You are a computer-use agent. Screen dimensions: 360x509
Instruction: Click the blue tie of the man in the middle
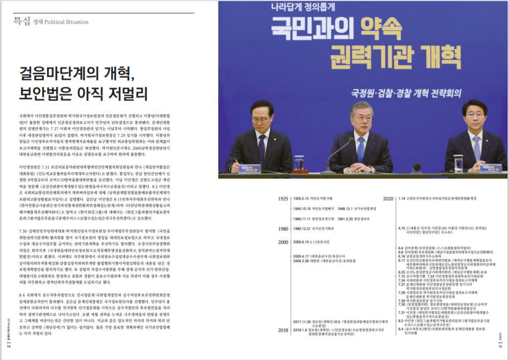(x=361, y=149)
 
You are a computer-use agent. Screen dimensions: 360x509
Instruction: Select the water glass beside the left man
(x=299, y=163)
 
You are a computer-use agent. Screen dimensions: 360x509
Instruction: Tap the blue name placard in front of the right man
(x=490, y=167)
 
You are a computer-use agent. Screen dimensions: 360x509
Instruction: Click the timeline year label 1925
(x=283, y=198)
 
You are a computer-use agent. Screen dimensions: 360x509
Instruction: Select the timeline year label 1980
(x=283, y=229)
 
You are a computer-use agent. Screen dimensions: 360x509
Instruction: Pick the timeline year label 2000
(x=283, y=242)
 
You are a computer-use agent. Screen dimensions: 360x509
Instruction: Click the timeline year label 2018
(x=283, y=330)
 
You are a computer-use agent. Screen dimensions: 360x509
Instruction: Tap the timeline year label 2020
(x=389, y=198)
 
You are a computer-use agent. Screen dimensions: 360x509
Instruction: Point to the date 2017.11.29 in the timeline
(x=304, y=322)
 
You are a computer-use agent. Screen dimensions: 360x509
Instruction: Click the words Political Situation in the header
(x=66, y=22)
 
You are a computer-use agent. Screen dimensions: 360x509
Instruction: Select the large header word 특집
(x=21, y=21)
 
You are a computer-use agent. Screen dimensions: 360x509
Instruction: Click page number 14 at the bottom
(x=9, y=346)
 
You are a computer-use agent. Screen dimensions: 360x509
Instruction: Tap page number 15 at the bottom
(x=500, y=346)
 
